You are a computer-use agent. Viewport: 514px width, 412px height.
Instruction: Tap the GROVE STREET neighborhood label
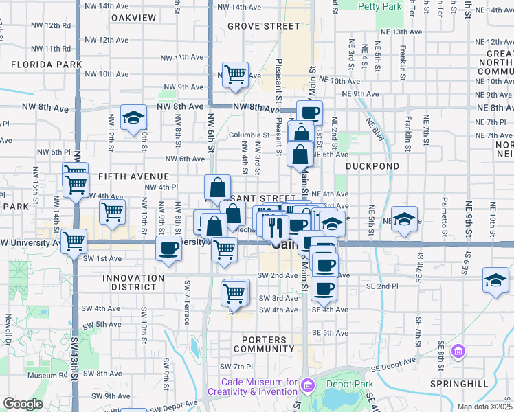[263, 26]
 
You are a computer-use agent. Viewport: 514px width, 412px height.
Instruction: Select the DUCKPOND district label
[372, 166]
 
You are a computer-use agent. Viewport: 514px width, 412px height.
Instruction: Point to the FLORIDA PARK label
[46, 65]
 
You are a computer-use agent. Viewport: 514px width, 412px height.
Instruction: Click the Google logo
[23, 404]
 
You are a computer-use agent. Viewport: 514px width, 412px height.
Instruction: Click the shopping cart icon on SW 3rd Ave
[234, 293]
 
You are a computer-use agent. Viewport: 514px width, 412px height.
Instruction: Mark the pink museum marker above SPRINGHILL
[458, 352]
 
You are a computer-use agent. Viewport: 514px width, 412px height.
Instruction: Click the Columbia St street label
[249, 135]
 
